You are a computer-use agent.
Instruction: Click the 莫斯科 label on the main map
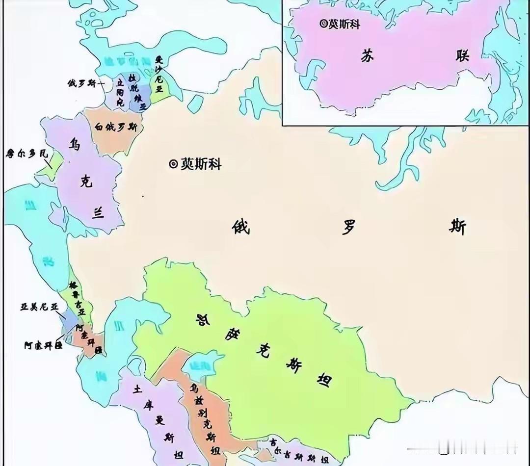[x=201, y=164]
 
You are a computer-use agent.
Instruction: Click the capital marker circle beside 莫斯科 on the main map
[x=173, y=164]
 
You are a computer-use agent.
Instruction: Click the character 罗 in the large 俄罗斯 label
[x=348, y=227]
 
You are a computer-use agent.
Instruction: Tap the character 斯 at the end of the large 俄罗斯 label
[x=457, y=227]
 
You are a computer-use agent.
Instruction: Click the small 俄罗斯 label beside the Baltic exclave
[x=83, y=84]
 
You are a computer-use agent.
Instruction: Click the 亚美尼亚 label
[x=39, y=307]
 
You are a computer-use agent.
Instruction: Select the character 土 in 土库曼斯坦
[x=137, y=388]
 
